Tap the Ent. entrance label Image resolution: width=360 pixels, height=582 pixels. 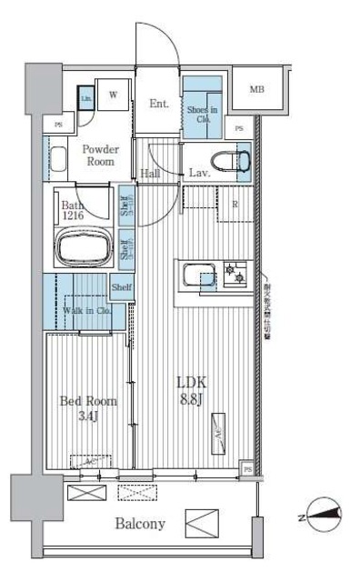[159, 104]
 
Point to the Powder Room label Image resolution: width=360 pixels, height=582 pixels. [99, 155]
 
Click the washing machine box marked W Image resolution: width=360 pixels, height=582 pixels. [115, 95]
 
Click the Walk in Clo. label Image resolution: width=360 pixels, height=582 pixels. [86, 312]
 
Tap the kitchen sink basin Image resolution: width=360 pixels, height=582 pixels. [197, 273]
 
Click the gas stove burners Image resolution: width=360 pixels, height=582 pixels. [235, 271]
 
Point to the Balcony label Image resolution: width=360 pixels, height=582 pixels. [139, 524]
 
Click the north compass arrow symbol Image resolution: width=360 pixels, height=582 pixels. [323, 516]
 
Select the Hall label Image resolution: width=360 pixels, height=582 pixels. [151, 173]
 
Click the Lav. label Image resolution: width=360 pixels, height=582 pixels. [200, 173]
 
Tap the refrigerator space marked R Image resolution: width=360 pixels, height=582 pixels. [235, 204]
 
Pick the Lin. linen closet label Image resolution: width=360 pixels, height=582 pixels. [86, 98]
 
